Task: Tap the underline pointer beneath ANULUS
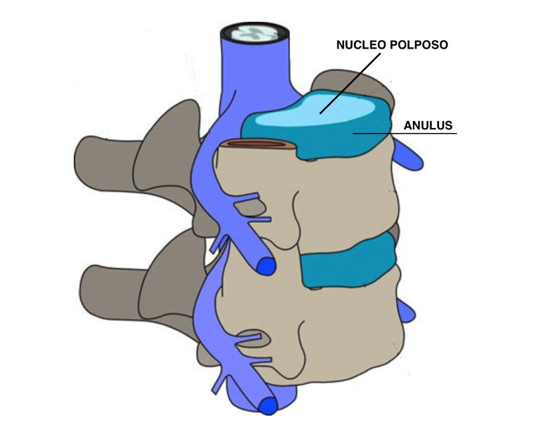coord(421,133)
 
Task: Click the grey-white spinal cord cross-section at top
coord(254,32)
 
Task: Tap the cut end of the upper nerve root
coord(265,267)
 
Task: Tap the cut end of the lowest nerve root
coord(267,406)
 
